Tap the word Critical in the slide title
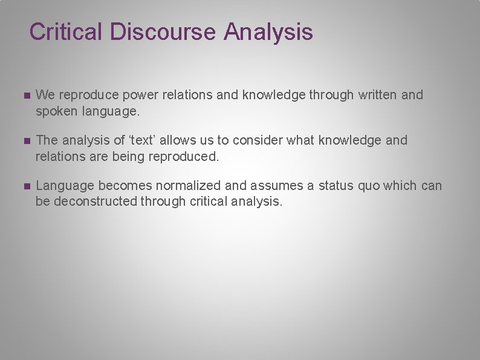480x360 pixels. (x=66, y=31)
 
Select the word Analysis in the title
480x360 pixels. (x=268, y=31)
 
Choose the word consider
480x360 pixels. (x=261, y=140)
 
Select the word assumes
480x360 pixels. (x=276, y=186)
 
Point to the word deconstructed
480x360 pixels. (x=96, y=201)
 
